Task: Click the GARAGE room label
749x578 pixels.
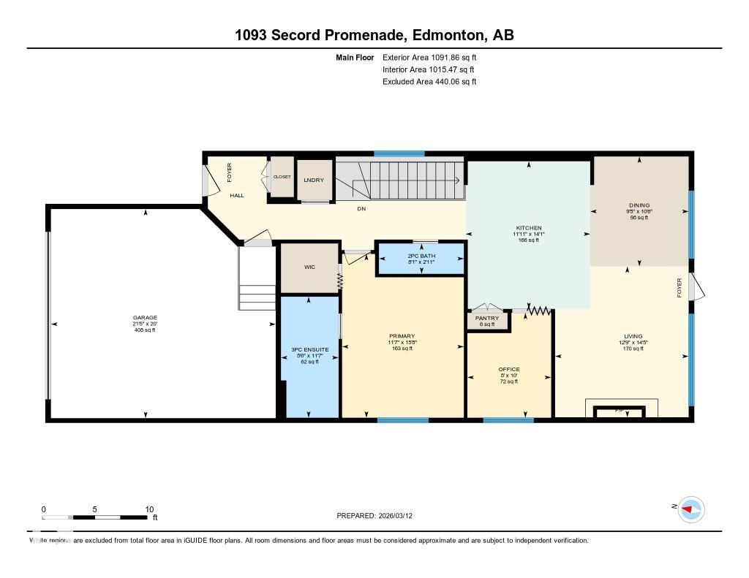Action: tap(144, 318)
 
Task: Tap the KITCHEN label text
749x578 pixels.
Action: tap(528, 228)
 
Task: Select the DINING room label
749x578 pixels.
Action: tap(639, 205)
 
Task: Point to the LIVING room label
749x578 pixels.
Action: tap(633, 337)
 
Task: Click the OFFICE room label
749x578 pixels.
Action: tap(509, 370)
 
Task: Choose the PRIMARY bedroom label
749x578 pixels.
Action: tap(402, 337)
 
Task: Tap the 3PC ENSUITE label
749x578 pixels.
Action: tap(310, 350)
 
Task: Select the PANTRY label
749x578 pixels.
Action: tap(487, 319)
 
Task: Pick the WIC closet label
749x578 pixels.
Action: tap(310, 267)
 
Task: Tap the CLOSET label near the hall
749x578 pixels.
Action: tap(282, 177)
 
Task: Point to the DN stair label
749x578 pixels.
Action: tap(361, 209)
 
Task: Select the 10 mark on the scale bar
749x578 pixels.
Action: tap(148, 509)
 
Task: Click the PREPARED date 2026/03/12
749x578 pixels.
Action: tap(400, 515)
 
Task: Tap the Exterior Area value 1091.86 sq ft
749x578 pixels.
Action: tap(450, 57)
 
